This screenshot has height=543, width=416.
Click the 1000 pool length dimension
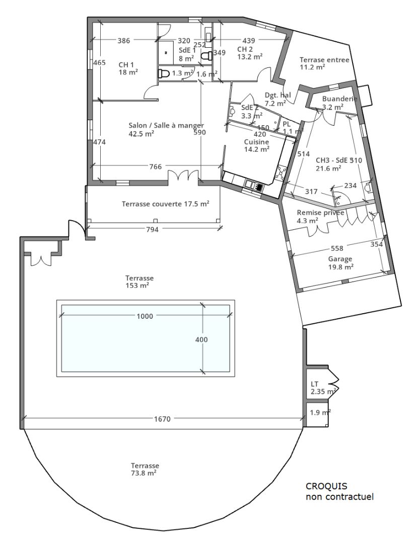(145, 316)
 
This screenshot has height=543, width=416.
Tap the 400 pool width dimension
(201, 339)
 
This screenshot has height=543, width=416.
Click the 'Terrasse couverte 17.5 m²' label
(165, 204)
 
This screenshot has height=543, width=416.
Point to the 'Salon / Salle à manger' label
(166, 125)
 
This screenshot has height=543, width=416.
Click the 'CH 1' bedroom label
(126, 65)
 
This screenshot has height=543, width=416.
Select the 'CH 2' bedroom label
(245, 49)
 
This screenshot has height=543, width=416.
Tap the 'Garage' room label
(340, 259)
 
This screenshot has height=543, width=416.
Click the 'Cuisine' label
(256, 142)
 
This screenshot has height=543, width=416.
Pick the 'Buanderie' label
(339, 99)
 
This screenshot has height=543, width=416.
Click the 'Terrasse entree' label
(324, 60)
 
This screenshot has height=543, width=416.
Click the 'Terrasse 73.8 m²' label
(146, 466)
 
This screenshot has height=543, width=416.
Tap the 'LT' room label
(315, 384)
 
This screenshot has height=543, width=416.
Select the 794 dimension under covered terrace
(153, 229)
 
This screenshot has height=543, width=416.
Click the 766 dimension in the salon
(156, 167)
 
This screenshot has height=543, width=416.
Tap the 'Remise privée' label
(320, 213)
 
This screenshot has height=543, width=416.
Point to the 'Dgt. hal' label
(278, 95)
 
